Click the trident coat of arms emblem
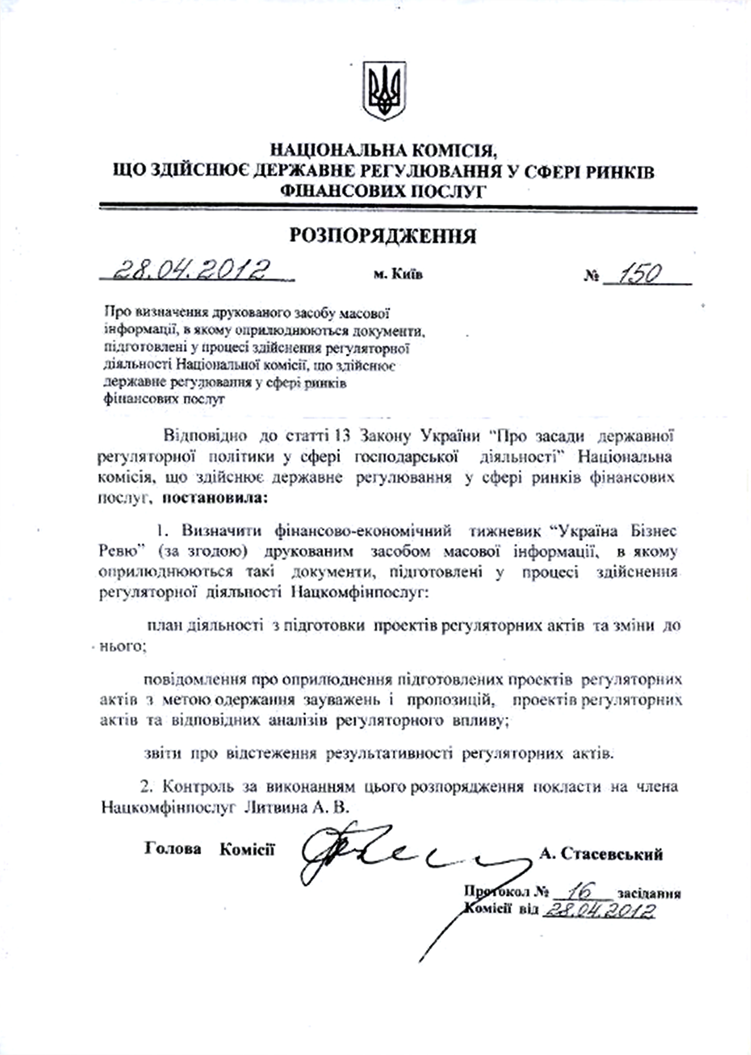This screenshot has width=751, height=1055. click(x=384, y=91)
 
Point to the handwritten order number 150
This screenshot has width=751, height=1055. click(x=640, y=274)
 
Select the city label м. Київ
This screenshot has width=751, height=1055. click(x=398, y=275)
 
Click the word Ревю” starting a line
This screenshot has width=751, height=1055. click(x=122, y=552)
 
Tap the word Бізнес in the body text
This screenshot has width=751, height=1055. click(x=654, y=531)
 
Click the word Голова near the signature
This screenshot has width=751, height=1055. click(x=173, y=849)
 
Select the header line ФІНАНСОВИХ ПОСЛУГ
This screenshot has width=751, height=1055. click(x=384, y=191)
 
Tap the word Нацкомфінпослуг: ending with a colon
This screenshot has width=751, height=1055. click(x=360, y=593)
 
